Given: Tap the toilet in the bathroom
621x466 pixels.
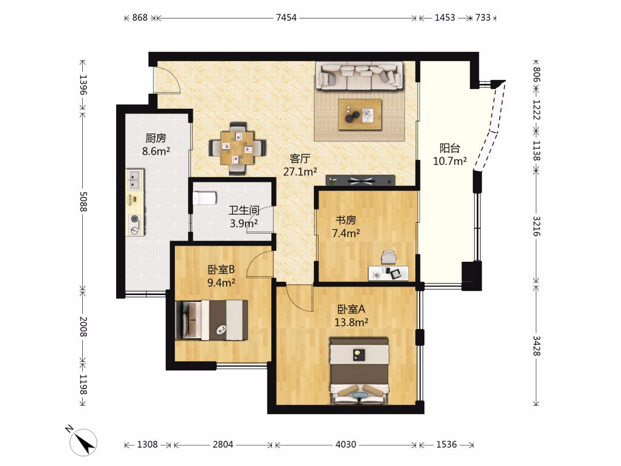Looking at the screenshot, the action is (204, 198).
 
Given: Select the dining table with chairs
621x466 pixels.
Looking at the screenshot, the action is (237, 148).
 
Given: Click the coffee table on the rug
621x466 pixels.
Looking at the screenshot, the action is (360, 114).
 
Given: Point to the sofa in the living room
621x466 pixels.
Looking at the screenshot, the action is (359, 76).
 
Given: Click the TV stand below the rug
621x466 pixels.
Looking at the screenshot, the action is (361, 181).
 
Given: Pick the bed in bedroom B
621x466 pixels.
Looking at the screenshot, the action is (212, 320).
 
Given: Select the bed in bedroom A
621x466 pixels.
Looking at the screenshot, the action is (359, 371).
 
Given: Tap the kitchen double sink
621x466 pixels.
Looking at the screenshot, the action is (135, 179).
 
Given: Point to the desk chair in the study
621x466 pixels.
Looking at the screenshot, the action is (389, 257).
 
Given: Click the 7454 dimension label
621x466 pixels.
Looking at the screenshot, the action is (286, 17).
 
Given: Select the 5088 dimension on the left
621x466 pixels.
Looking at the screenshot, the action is (83, 201).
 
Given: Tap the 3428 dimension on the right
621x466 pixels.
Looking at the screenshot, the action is (536, 346).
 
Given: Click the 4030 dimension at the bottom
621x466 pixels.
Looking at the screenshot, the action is (346, 445).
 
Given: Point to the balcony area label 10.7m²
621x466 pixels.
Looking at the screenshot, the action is (450, 161).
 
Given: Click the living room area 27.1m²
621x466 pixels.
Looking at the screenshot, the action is (300, 171).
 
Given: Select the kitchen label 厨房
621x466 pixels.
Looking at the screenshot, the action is (156, 138).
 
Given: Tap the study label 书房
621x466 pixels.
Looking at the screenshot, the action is (346, 220).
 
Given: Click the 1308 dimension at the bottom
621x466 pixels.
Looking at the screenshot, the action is (147, 445).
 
